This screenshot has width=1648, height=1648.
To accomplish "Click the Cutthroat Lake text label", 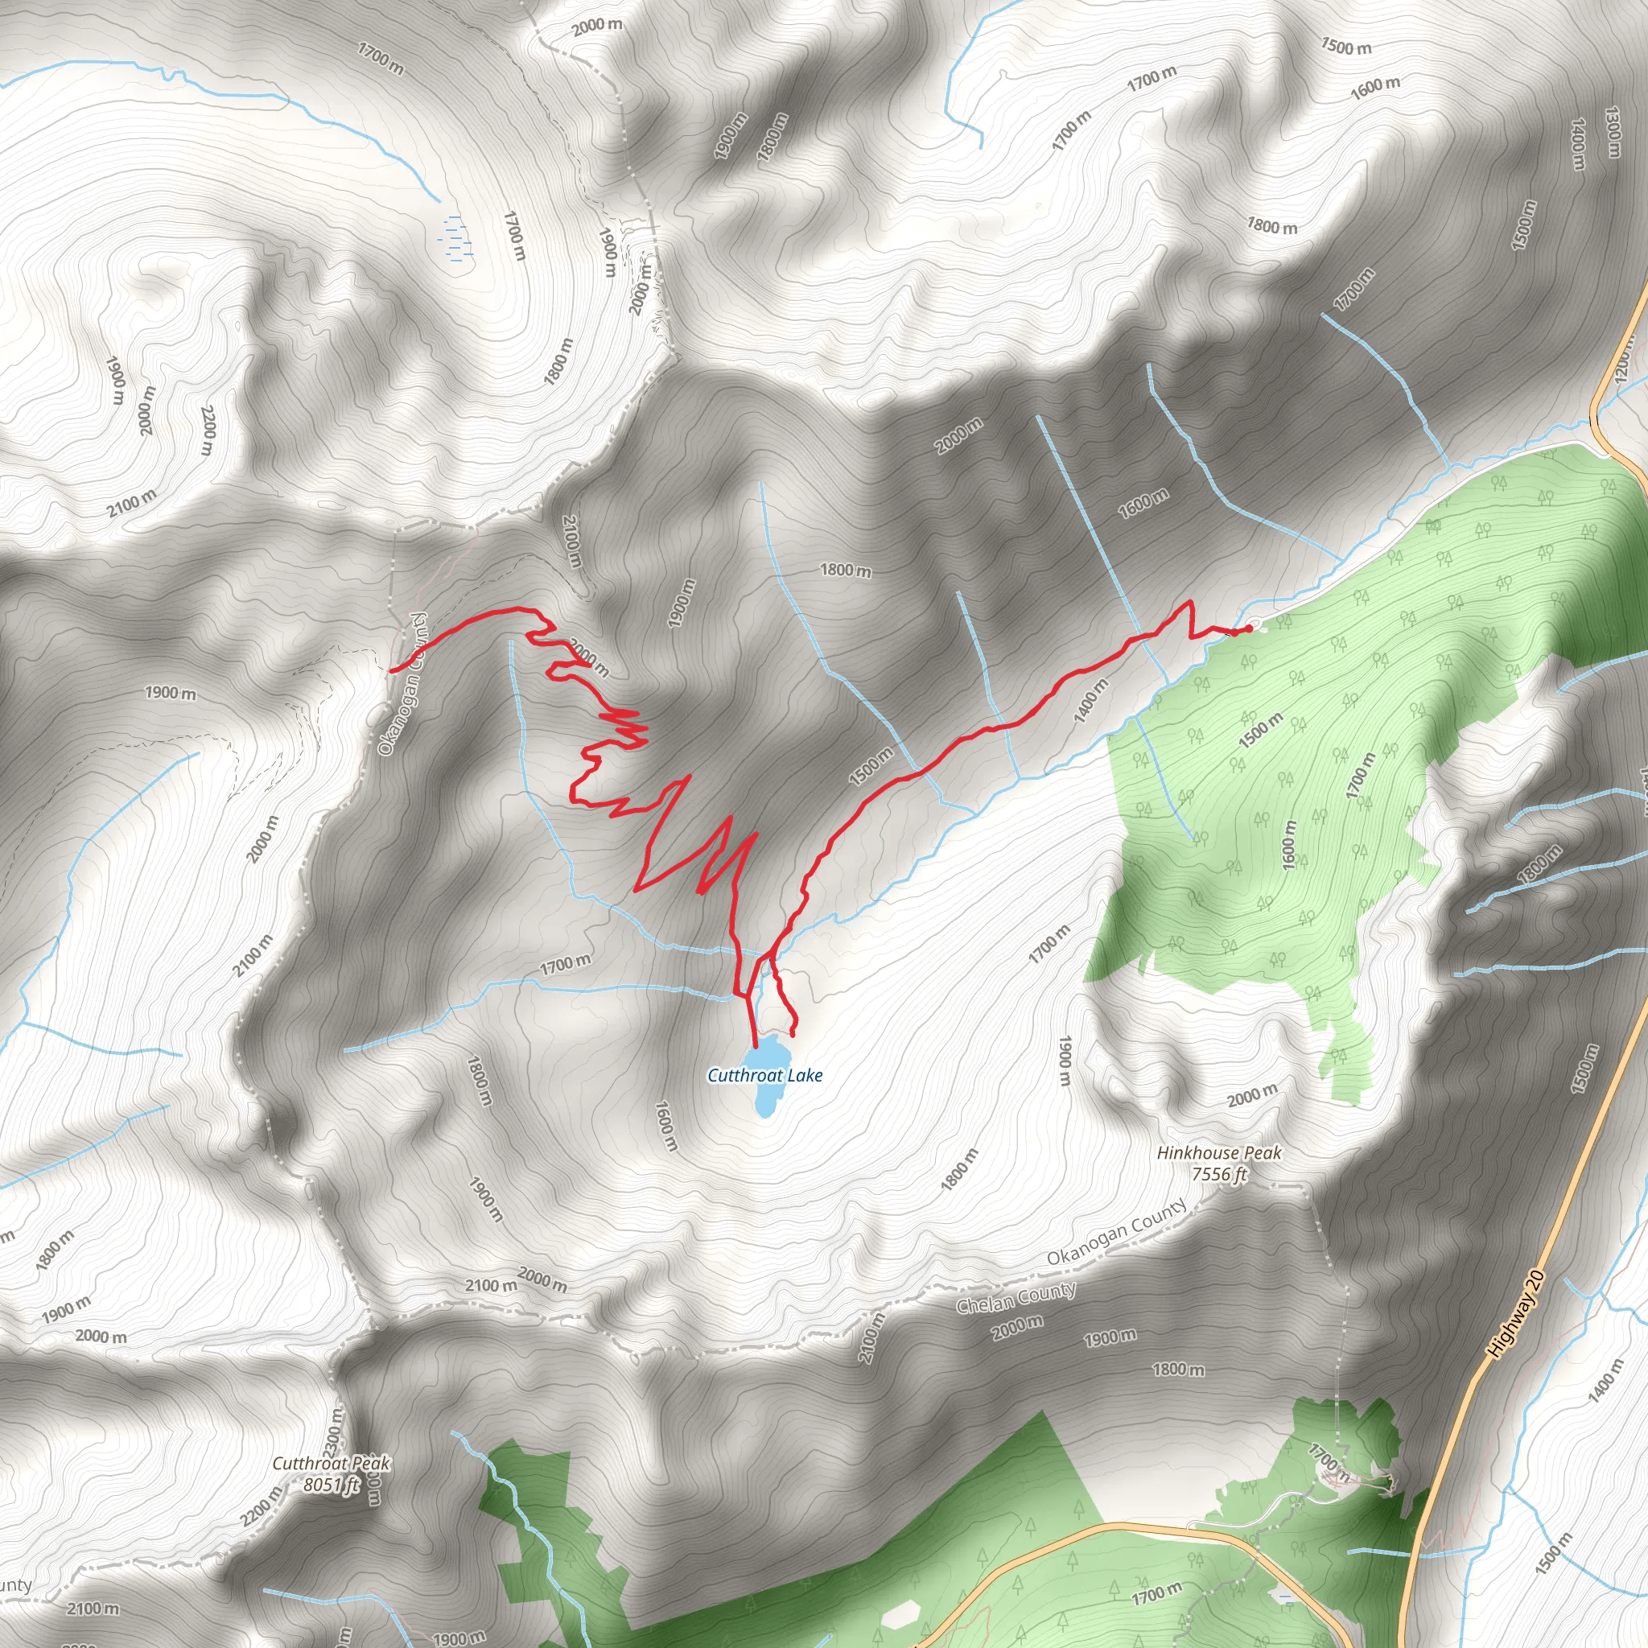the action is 765,1076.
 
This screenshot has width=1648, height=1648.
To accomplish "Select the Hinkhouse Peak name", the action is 1219,1153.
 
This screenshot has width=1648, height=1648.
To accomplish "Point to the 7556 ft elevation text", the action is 1219,1175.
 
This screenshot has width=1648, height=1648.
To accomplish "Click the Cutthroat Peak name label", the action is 331,1464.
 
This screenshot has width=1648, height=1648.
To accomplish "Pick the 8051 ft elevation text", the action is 331,1485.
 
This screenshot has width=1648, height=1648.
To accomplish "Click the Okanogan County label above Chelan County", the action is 1117,1232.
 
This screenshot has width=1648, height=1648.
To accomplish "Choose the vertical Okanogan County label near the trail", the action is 402,684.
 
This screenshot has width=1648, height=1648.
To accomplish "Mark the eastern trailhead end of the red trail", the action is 1249,628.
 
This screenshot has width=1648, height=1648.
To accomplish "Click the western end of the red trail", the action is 392,671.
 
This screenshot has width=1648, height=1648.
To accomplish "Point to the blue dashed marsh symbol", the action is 457,237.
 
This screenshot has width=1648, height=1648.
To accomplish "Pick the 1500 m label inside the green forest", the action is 1260,731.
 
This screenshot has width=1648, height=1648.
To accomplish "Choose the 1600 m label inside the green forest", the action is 1289,846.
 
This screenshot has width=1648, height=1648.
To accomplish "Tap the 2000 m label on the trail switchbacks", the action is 588,657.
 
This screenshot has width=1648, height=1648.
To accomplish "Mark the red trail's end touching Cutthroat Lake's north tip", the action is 756,1045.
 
